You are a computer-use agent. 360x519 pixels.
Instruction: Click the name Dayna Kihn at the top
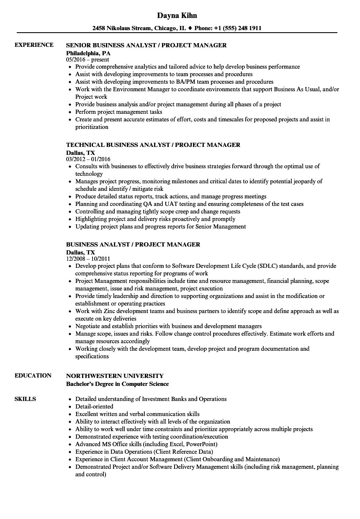(177, 15)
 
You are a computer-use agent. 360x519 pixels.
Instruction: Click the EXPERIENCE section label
(34, 45)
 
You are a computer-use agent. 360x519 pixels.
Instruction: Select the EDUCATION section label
(33, 375)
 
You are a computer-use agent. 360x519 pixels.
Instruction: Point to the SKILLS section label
(25, 399)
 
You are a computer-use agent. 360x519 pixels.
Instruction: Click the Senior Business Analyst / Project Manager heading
(147, 45)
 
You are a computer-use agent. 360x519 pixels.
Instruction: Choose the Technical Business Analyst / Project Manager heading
(153, 145)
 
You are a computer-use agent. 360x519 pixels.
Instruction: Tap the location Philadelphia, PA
(88, 53)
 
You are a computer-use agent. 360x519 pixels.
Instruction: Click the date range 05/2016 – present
(88, 60)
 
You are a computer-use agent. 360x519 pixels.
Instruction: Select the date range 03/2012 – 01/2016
(88, 159)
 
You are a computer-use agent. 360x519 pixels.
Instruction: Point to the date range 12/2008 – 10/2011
(88, 259)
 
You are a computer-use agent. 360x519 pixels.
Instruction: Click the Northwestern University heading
(115, 376)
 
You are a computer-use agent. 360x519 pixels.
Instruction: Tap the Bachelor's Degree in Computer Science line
(118, 384)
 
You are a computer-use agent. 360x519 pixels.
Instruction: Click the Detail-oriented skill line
(94, 406)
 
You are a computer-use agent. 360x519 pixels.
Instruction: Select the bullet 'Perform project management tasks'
(119, 112)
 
